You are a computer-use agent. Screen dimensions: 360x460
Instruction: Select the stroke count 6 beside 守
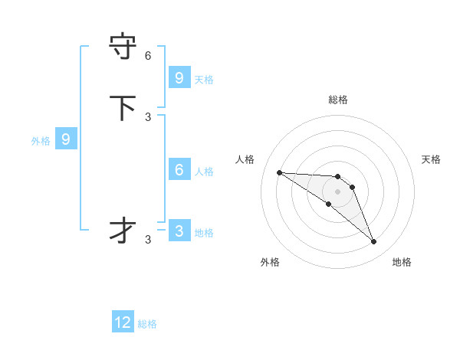click(x=148, y=56)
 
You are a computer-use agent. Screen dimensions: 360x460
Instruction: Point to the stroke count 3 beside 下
click(x=148, y=116)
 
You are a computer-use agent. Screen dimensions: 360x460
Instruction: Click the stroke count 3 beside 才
click(x=148, y=240)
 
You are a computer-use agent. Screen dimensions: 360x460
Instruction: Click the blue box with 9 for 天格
click(x=179, y=77)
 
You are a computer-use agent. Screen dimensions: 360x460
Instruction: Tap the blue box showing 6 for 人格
click(x=179, y=170)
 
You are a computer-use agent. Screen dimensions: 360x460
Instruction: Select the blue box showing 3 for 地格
click(x=179, y=231)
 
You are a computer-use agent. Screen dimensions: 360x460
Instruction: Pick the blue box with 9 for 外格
click(x=66, y=139)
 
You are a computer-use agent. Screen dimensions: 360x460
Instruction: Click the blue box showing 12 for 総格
click(x=123, y=322)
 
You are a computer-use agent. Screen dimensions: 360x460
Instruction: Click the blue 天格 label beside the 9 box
click(x=204, y=79)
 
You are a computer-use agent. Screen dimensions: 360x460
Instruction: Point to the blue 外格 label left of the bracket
click(x=41, y=141)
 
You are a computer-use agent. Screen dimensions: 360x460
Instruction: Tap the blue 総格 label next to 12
click(x=147, y=324)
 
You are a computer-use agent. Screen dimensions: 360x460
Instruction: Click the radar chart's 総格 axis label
click(x=337, y=100)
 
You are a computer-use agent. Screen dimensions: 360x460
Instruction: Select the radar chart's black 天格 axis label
click(x=432, y=159)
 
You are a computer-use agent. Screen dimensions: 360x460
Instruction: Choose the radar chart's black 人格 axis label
click(x=245, y=159)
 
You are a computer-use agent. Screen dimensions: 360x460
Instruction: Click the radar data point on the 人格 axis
click(x=279, y=172)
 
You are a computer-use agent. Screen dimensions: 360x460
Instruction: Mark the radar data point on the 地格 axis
click(x=374, y=242)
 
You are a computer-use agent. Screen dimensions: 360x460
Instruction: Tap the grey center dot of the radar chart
click(x=337, y=191)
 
